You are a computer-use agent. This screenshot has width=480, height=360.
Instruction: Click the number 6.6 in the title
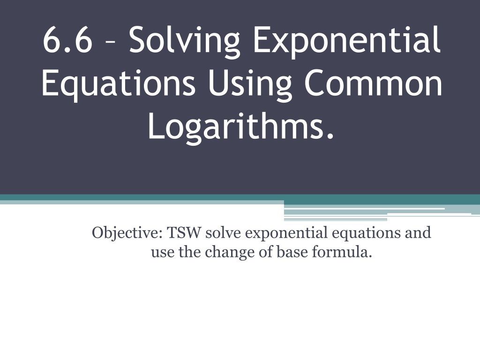click(x=67, y=40)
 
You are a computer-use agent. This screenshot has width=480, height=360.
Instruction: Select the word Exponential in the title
click(x=347, y=42)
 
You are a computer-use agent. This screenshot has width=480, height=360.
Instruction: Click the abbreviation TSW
click(x=184, y=232)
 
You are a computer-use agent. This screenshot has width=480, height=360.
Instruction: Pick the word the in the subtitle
click(x=189, y=252)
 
